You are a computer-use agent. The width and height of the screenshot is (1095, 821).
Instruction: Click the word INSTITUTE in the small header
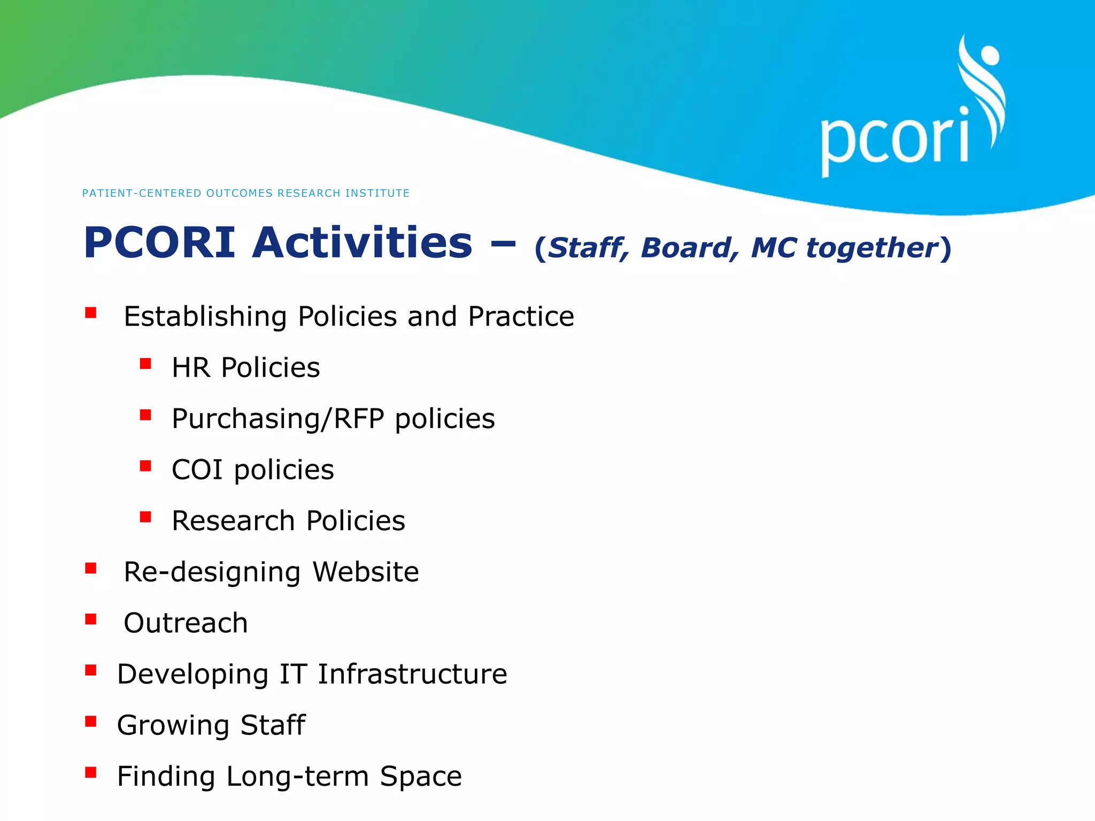(377, 193)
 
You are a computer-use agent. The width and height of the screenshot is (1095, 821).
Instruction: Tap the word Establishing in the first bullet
(205, 316)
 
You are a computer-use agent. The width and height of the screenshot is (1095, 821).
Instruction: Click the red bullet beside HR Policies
(145, 365)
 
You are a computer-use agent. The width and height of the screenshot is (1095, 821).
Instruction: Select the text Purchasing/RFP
(277, 419)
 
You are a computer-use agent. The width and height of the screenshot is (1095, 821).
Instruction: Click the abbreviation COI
(197, 470)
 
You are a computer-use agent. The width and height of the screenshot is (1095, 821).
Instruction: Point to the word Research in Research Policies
(233, 521)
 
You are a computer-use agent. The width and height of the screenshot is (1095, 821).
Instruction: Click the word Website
(365, 572)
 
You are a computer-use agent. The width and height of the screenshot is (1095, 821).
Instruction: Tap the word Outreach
(186, 623)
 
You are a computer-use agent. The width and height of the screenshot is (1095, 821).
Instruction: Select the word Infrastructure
(412, 674)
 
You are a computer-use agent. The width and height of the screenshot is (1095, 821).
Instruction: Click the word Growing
(173, 726)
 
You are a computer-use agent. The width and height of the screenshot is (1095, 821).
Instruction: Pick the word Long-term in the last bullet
(297, 777)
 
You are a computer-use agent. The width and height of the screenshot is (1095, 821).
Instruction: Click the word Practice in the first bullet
(521, 316)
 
